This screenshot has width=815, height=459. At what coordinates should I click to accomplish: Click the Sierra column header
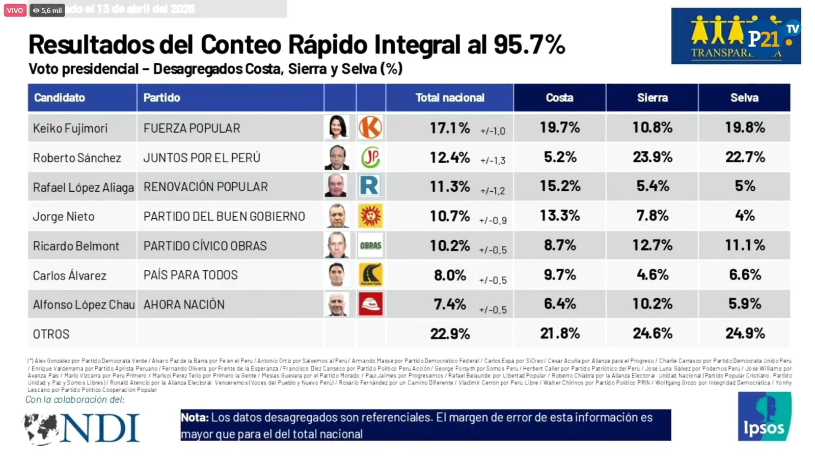point(652,97)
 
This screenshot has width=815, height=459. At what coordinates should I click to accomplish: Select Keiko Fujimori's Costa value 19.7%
point(559,127)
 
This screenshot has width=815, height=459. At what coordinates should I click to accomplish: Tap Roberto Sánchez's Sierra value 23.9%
point(652,157)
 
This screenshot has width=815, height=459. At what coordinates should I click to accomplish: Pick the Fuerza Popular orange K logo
point(370,127)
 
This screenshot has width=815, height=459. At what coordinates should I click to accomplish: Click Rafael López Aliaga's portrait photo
point(337,186)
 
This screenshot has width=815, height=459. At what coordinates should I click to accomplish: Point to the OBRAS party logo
point(370,245)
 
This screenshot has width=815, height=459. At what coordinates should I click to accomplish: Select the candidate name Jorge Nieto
point(64,216)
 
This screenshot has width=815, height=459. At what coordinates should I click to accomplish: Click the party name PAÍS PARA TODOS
point(191,275)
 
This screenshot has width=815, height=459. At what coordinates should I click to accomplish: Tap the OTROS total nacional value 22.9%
point(450,334)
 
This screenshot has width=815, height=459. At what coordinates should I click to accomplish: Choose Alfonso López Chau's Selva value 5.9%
point(744,304)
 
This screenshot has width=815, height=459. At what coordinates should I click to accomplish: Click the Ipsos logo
point(764,417)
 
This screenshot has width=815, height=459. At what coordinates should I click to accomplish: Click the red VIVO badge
point(15,10)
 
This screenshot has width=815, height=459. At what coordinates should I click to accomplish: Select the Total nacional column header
point(450,97)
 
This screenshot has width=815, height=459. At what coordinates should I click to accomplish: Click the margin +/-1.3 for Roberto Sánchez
point(492,161)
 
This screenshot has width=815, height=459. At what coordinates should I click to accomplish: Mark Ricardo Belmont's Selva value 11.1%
point(744,245)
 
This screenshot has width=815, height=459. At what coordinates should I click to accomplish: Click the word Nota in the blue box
point(195,417)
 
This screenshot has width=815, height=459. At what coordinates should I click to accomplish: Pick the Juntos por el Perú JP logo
point(370,158)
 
